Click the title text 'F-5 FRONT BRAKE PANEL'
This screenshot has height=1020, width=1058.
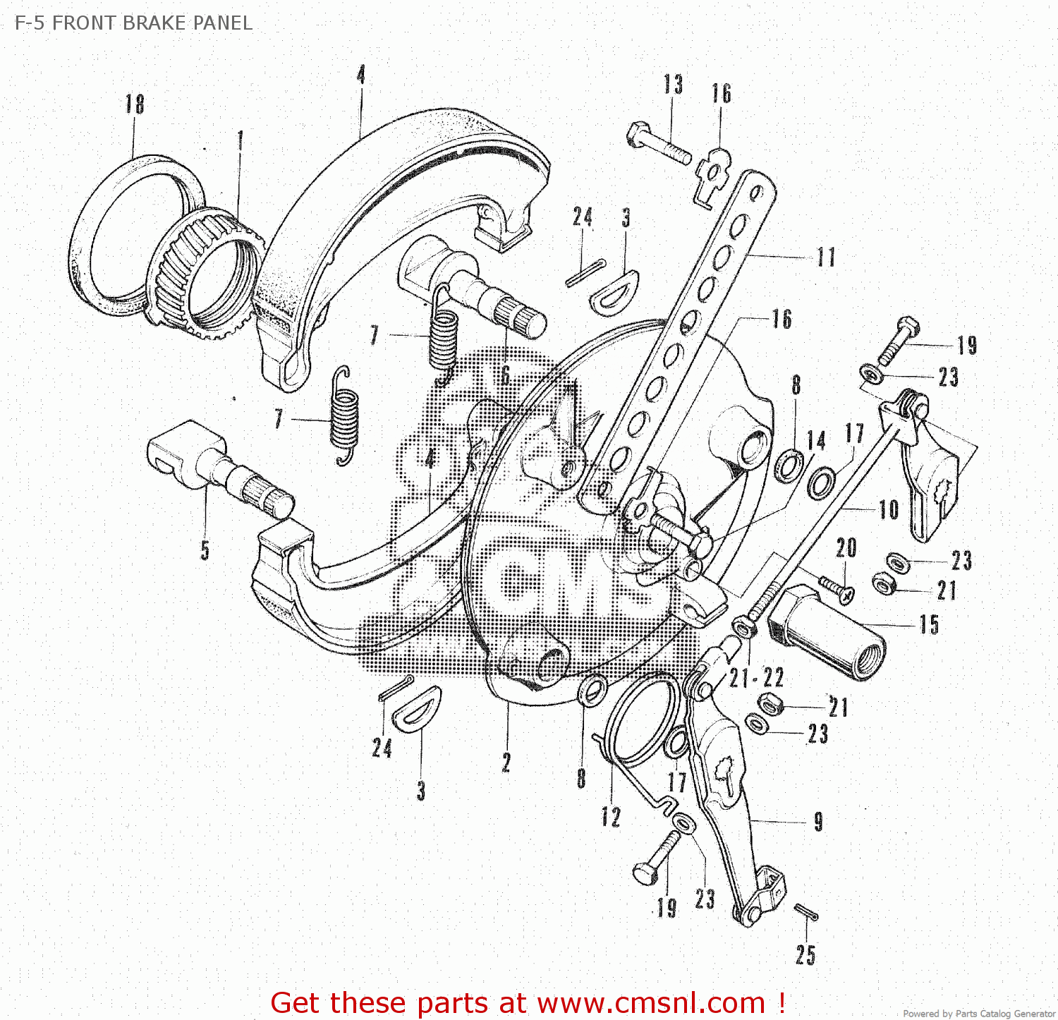coord(133,23)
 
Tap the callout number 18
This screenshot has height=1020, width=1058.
coord(135,104)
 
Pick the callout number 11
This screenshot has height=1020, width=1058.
coord(826,257)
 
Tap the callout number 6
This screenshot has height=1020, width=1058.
coord(505,375)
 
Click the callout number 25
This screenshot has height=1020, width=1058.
coord(805,955)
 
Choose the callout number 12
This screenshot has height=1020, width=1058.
coord(611,817)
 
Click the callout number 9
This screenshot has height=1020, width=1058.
coord(818,822)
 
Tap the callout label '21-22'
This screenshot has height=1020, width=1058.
coord(756,679)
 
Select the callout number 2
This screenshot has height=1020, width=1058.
coord(506,763)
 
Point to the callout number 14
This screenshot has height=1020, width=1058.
coord(816,442)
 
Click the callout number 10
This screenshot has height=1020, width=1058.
coord(888,509)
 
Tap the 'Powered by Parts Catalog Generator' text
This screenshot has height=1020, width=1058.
coord(979,1014)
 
